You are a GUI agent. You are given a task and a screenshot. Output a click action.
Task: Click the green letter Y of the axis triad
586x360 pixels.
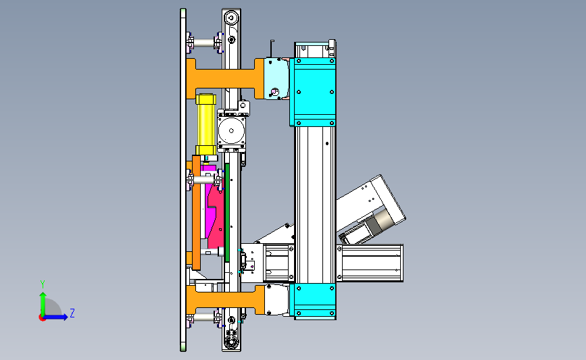click(x=43, y=284)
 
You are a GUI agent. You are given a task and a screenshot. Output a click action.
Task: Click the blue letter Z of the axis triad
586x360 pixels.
click(x=72, y=313)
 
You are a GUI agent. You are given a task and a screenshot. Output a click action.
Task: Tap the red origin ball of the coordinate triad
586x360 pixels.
click(x=42, y=317)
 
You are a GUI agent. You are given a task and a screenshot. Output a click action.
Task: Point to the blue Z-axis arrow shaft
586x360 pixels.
click(x=54, y=317)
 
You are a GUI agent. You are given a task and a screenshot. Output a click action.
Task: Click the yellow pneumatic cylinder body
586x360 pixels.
click(x=206, y=124)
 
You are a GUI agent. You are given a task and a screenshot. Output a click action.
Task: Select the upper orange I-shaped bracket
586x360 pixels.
click(x=225, y=78)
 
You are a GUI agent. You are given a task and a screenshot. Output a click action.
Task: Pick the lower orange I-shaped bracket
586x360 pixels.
click(x=225, y=300)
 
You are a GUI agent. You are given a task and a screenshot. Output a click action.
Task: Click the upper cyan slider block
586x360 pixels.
click(x=313, y=92)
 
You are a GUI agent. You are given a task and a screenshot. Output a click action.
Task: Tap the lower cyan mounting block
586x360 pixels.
click(x=313, y=301)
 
